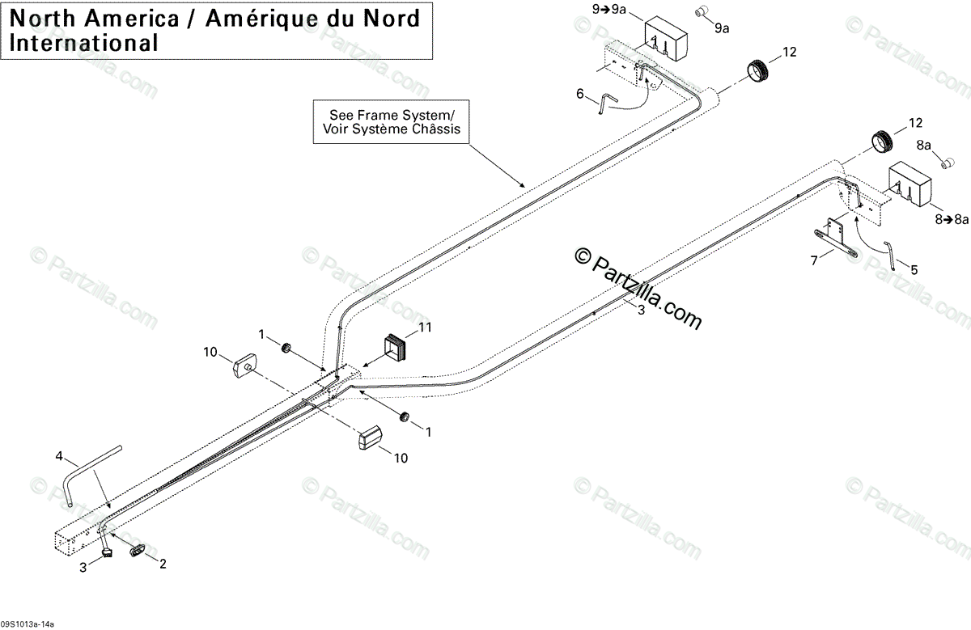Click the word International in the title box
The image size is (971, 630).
[x=84, y=42]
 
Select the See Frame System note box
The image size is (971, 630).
[x=392, y=121]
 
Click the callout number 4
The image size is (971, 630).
[x=58, y=457]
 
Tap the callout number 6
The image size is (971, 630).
[x=579, y=94]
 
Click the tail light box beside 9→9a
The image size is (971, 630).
[x=666, y=38]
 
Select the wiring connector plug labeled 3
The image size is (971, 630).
[x=106, y=552]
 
